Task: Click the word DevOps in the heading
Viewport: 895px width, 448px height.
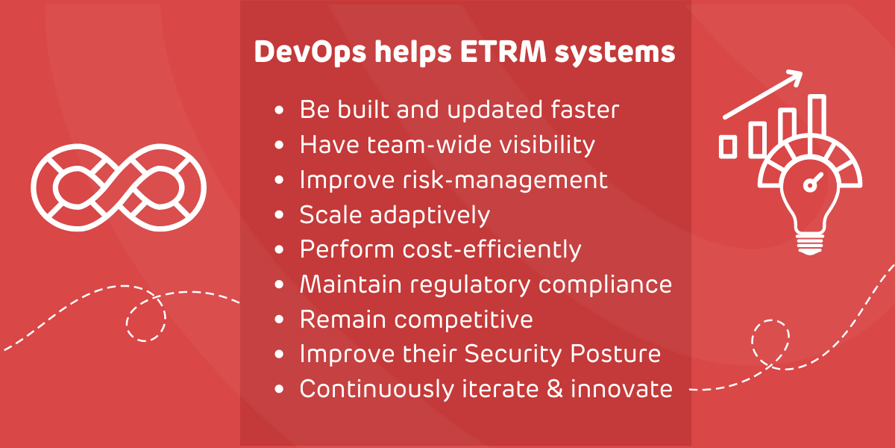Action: point(310,52)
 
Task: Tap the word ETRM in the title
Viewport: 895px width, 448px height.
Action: point(503,52)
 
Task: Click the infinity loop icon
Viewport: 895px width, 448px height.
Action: point(119,187)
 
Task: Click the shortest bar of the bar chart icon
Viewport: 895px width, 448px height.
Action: point(728,147)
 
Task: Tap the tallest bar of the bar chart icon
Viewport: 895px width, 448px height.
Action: point(817,120)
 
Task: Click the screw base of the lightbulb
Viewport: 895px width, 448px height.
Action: point(810,244)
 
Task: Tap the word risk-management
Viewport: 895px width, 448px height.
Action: point(506,181)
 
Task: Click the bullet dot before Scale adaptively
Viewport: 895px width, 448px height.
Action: point(279,215)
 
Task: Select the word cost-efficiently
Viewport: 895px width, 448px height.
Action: point(492,250)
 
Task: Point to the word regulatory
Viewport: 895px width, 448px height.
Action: point(471,285)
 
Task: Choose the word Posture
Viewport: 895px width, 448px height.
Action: point(615,354)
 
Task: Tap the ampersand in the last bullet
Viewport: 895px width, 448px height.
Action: point(555,388)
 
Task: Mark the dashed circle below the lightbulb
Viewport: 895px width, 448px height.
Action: point(770,340)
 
